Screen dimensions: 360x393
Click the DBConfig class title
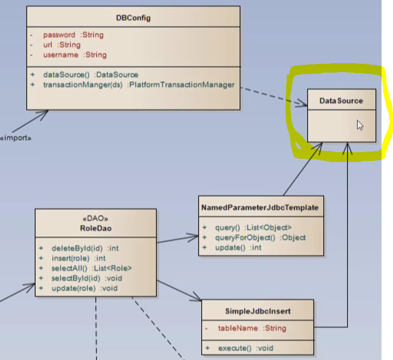point(133,18)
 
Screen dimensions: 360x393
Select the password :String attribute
point(74,35)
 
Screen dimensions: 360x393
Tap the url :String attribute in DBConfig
point(62,45)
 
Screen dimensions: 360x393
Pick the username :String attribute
point(75,55)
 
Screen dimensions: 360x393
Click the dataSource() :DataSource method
point(90,74)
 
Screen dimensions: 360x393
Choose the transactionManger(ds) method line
point(138,85)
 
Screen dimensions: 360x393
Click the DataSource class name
point(341,101)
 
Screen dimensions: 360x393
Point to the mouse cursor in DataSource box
point(360,125)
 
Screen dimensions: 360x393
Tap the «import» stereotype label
point(15,137)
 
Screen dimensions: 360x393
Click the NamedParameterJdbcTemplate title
point(260,208)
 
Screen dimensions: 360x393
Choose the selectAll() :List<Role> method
point(92,268)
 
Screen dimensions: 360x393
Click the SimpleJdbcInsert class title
point(258,311)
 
